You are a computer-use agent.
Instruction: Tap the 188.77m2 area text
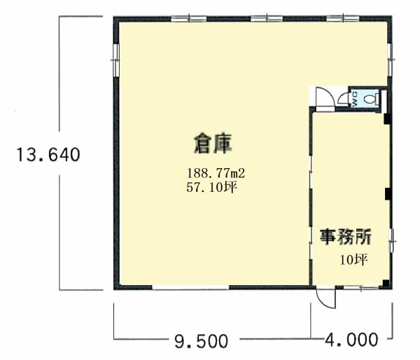[x=216, y=173]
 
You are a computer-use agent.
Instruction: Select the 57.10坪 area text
[x=212, y=187]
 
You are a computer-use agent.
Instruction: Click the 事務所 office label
[x=346, y=237]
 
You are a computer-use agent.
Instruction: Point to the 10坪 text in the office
[x=353, y=260]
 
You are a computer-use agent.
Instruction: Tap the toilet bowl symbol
[x=370, y=99]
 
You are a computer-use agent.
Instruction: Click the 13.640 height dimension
[x=48, y=155]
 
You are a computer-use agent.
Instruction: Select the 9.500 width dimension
[x=202, y=341]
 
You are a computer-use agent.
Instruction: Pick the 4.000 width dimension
[x=351, y=340]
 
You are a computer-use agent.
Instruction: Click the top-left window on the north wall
[x=189, y=19]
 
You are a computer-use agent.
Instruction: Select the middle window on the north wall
[x=267, y=19]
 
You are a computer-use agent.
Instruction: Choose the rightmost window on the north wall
[x=343, y=19]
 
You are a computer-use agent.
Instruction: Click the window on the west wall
[x=116, y=60]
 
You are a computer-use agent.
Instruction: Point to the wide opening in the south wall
[x=190, y=288]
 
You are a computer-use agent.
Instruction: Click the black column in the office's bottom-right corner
[x=386, y=284]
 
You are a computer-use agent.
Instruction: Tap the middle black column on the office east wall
[x=388, y=194]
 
